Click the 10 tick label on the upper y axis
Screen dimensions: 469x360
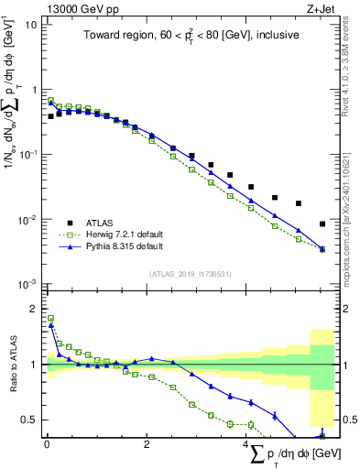[x=29, y=25]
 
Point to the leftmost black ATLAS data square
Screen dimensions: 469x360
[x=50, y=117]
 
